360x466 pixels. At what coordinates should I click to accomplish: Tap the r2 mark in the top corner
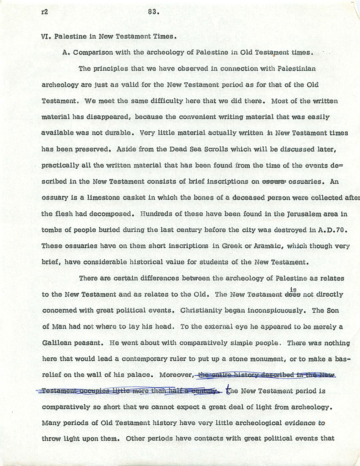(x=45, y=12)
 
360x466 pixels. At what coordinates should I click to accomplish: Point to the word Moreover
(x=176, y=375)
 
